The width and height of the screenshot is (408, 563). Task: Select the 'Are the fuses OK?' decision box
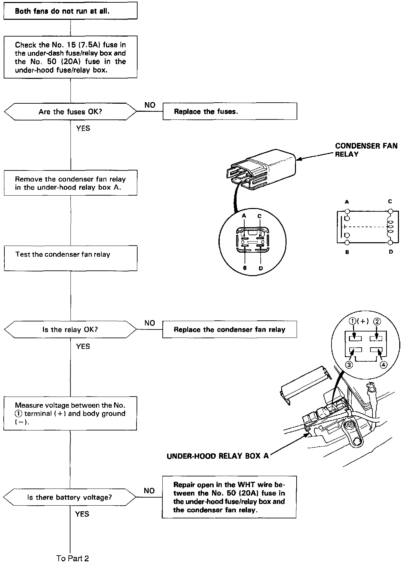(70, 112)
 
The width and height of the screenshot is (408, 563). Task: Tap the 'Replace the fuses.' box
(230, 111)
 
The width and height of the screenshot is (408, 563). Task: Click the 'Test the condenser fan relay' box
(70, 258)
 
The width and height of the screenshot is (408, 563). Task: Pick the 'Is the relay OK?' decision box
(70, 329)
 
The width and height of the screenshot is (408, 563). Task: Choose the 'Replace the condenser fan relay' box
(229, 329)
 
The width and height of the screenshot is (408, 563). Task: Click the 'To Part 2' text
(72, 558)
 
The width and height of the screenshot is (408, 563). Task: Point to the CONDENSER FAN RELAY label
(366, 150)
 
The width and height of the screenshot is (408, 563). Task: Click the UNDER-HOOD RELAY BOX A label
(218, 456)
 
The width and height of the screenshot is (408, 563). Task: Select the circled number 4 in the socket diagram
(383, 365)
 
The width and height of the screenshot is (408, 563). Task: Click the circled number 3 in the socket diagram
(349, 365)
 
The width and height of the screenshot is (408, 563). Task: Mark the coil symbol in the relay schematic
(390, 227)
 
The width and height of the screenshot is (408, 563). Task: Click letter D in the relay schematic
(391, 252)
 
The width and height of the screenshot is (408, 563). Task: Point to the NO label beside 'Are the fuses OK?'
(150, 105)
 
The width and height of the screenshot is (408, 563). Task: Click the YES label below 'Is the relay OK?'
(83, 346)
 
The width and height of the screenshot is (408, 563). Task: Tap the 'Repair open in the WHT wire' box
(229, 497)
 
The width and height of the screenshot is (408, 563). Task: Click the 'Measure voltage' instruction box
(70, 413)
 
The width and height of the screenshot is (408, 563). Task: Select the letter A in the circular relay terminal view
(244, 216)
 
